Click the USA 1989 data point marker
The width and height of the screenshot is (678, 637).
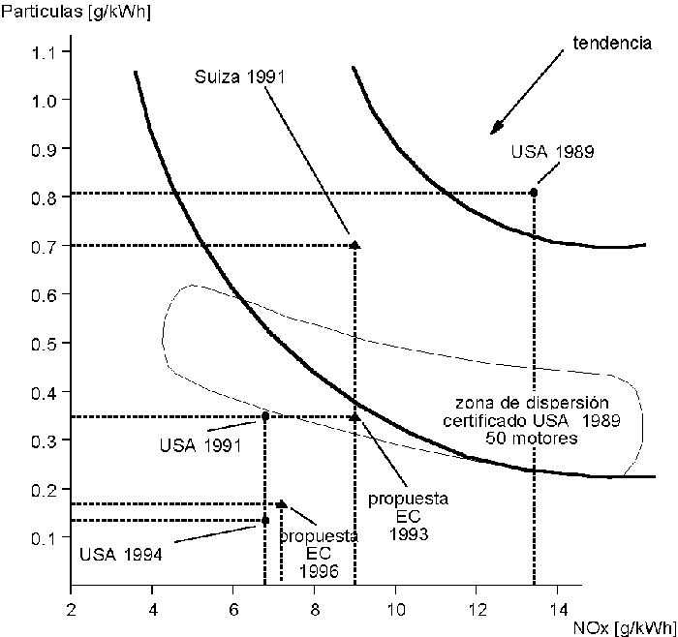tap(534, 192)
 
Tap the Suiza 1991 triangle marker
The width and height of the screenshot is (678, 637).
tap(354, 246)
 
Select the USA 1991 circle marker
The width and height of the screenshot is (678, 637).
tap(265, 416)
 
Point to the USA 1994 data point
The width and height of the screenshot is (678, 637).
tap(265, 521)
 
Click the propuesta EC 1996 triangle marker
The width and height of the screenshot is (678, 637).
tap(281, 503)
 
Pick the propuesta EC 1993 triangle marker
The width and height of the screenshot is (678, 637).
tap(354, 416)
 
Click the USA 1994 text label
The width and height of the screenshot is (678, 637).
tap(121, 555)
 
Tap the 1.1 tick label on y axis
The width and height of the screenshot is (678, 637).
tap(46, 51)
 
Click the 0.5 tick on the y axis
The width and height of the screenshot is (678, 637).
tap(46, 343)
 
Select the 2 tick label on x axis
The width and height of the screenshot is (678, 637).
tap(71, 610)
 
